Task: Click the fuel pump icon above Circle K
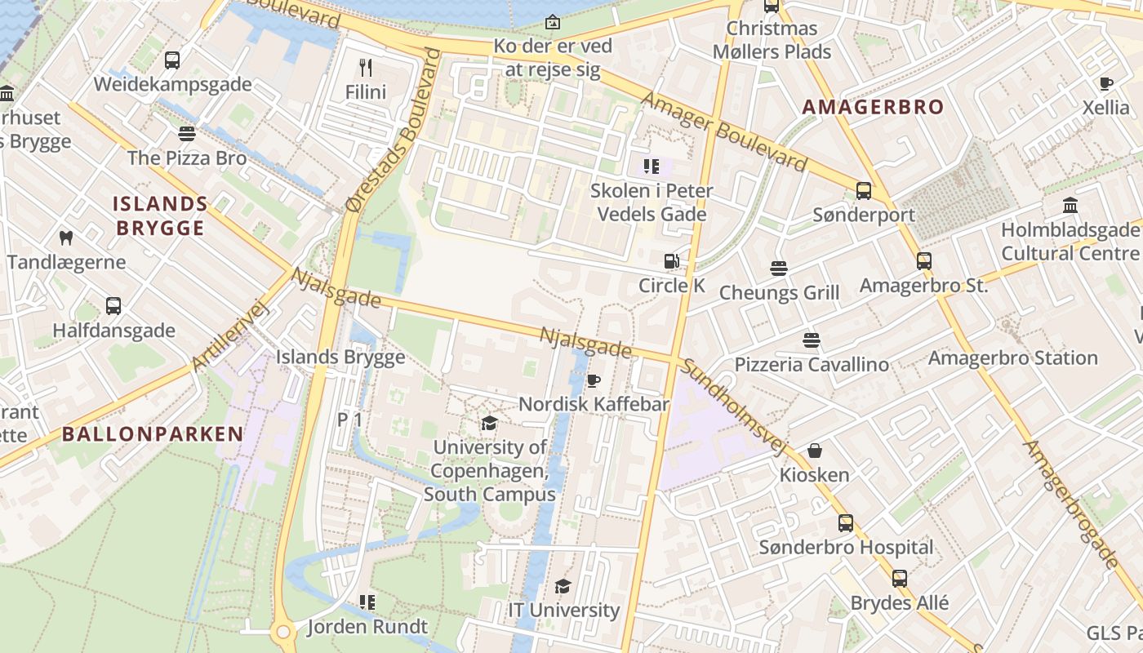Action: [671, 261]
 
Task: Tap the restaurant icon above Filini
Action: [365, 68]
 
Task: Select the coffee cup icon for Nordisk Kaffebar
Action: [594, 381]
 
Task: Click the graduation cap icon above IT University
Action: [563, 586]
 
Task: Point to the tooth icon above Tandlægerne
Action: [66, 238]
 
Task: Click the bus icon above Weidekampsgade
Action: [171, 60]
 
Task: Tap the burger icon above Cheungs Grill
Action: [778, 269]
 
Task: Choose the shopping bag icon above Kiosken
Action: [814, 451]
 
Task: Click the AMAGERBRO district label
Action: [872, 107]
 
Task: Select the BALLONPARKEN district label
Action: [153, 434]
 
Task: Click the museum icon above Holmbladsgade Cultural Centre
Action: [1070, 206]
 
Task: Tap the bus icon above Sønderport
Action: [863, 191]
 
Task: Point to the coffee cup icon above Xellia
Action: [1105, 83]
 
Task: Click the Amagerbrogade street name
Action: [1070, 503]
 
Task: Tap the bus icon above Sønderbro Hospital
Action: [845, 523]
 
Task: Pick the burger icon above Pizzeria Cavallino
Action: [811, 340]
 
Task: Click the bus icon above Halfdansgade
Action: [113, 306]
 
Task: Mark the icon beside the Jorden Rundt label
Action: [367, 602]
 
